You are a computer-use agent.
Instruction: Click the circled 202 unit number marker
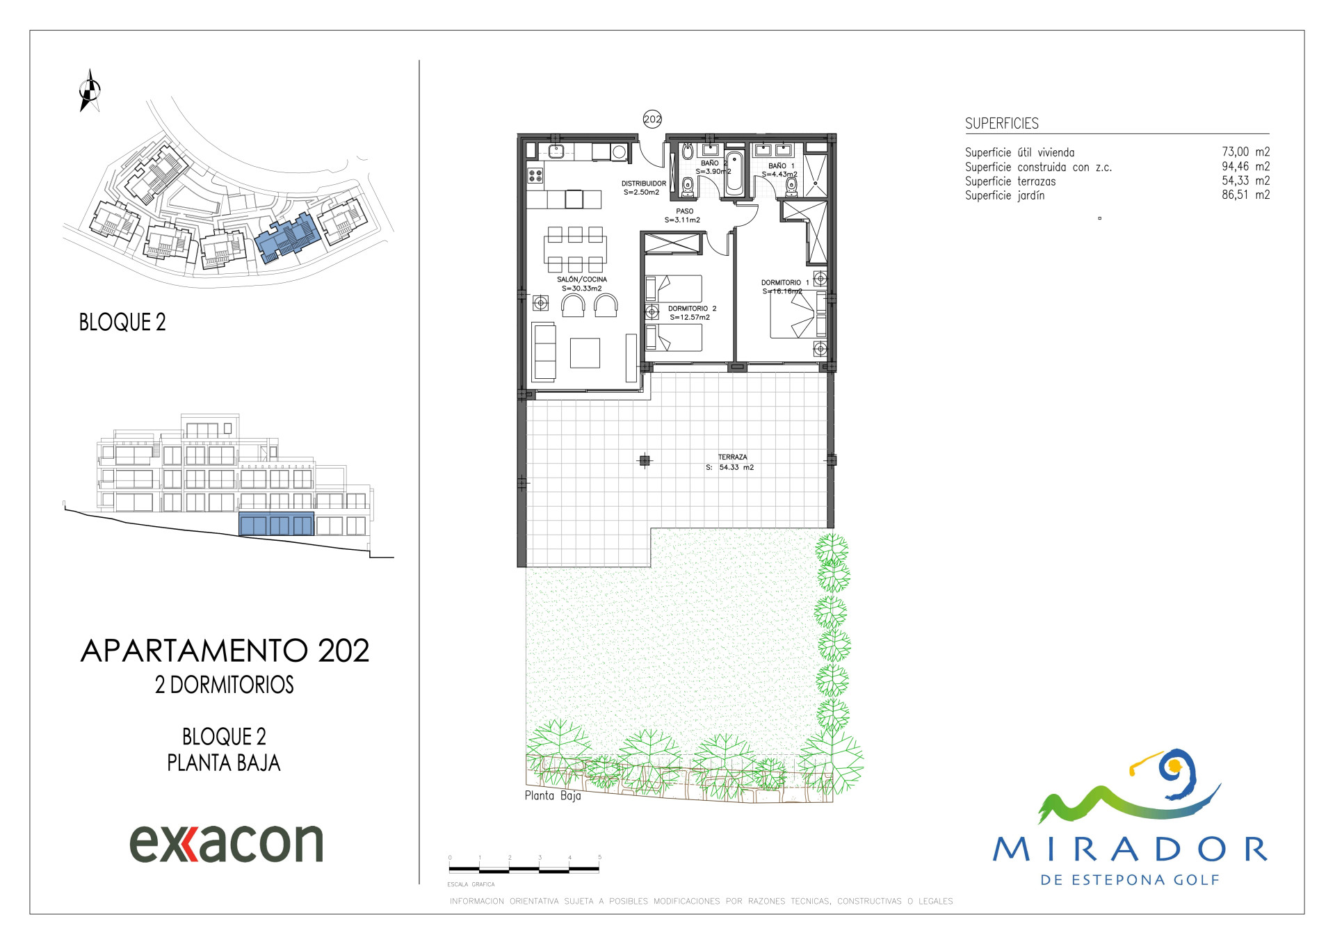click(x=652, y=119)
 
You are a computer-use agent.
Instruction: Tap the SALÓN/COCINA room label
click(x=582, y=279)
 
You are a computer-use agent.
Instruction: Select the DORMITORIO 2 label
click(x=692, y=309)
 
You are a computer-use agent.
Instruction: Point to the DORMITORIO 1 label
click(x=785, y=283)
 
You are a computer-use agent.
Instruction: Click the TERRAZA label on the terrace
click(x=733, y=457)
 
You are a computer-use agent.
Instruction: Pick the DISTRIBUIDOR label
click(x=644, y=184)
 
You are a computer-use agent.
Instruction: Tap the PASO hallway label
click(x=685, y=211)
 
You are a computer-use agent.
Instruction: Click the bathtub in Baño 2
click(x=734, y=172)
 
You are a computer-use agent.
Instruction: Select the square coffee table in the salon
click(x=585, y=352)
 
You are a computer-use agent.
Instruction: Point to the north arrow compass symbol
click(x=90, y=90)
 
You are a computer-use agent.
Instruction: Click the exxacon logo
click(x=227, y=843)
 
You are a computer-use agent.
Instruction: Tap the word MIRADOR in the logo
click(x=1131, y=849)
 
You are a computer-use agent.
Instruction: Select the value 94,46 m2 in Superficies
click(x=1246, y=167)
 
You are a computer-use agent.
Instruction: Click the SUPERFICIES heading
click(x=1002, y=124)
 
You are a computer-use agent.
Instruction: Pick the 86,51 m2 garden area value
click(x=1246, y=195)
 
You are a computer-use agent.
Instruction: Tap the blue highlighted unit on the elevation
click(x=277, y=524)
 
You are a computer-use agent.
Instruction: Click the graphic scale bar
click(x=524, y=869)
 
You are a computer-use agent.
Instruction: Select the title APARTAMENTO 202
click(x=225, y=651)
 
